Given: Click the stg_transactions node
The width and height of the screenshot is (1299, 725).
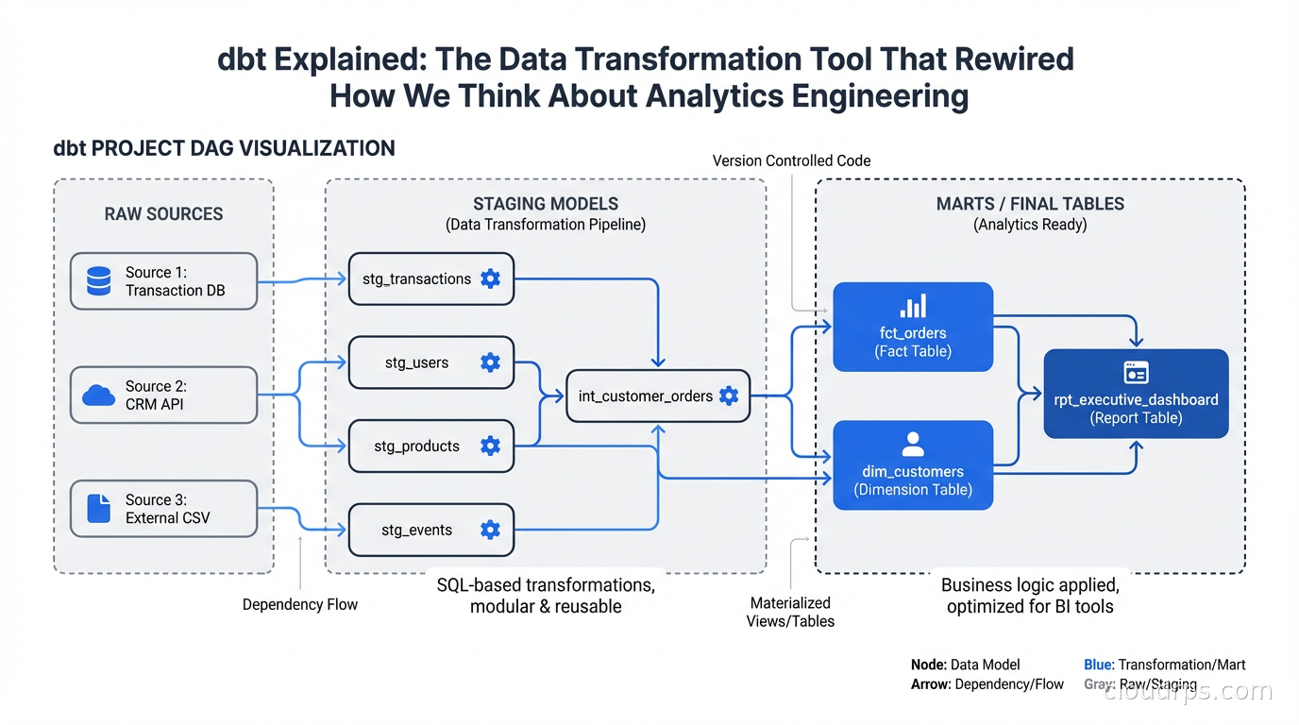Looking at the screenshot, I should point(430,278).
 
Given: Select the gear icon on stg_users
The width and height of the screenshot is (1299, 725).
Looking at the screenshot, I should point(490,362).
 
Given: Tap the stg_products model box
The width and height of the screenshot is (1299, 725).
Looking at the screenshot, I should point(430,446).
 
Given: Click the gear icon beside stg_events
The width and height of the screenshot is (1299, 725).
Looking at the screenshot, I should point(490,530).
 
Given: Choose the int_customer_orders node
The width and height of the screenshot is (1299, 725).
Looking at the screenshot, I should point(657,396).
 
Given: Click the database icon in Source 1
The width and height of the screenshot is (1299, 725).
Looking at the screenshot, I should point(99,281).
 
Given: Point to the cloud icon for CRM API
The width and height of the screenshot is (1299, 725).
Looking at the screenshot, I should point(99,396).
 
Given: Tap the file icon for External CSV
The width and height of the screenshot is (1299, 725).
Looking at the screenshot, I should point(99,509).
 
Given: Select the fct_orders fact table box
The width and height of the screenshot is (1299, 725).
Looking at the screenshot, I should point(913,327).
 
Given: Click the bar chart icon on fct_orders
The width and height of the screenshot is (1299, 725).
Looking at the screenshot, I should point(913,306).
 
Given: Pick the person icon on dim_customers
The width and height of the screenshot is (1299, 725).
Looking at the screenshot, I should point(913,444).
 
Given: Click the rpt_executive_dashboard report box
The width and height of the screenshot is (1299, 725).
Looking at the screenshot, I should point(1136,394).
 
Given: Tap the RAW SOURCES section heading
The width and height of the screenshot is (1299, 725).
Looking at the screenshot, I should point(163,214).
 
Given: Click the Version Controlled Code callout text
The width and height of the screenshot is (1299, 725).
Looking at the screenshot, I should point(791,160).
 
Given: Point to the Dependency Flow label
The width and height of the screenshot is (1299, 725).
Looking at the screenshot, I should point(300,604).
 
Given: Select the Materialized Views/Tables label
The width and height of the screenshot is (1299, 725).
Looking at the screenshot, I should point(790,612).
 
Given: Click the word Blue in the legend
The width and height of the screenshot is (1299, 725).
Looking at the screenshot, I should point(1098,665).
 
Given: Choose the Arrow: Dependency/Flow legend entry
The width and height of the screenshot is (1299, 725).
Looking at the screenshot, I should point(987,684).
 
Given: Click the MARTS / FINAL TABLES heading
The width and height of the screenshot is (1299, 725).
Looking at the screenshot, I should point(1030,204).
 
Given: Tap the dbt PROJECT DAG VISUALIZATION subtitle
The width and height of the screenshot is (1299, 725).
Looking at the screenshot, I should point(224,148).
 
